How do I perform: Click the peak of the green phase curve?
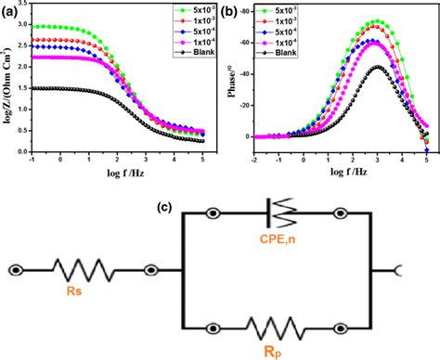point(375,21)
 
